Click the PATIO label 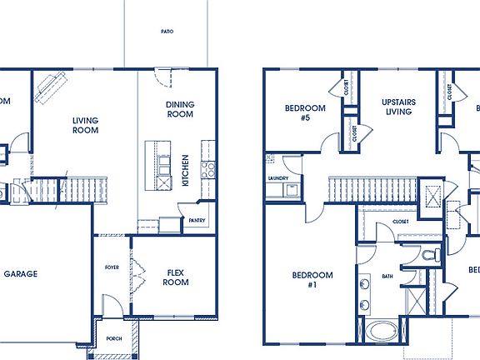[167, 32]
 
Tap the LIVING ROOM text [85, 125]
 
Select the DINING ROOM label [179, 108]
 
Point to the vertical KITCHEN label [186, 170]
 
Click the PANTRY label [197, 221]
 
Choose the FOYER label [112, 267]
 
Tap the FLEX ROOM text [176, 277]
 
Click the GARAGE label [20, 274]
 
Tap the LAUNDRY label [277, 178]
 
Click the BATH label [387, 276]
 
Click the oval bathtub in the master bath [382, 331]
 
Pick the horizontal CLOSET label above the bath [400, 222]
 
